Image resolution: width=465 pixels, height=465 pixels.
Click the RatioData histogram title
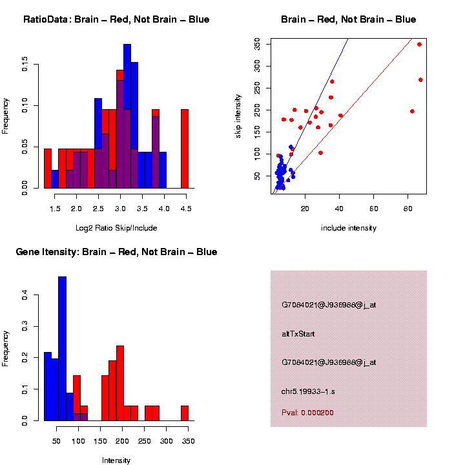tap(116, 19)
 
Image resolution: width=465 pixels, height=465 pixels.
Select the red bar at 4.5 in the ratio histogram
tap(185, 149)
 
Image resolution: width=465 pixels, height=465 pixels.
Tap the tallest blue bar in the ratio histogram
tap(127, 116)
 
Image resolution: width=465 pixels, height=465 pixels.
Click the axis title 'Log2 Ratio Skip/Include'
tap(116, 228)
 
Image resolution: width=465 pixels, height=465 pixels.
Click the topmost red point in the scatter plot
tap(419, 45)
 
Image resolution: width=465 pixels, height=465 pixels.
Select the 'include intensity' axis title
tap(349, 228)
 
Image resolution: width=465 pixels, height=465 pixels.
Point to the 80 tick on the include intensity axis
tap(408, 209)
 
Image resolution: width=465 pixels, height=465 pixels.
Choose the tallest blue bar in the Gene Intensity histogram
tap(62, 349)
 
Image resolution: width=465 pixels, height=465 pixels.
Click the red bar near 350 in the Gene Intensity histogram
tap(185, 413)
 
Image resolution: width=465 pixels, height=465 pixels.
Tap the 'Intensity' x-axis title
tap(116, 460)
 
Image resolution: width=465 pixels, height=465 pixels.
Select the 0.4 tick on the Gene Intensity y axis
tap(24, 295)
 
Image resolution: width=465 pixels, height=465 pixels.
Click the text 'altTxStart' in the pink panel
tap(298, 334)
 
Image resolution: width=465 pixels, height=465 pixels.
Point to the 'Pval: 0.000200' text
tap(307, 413)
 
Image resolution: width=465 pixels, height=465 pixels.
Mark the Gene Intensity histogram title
tap(116, 252)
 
